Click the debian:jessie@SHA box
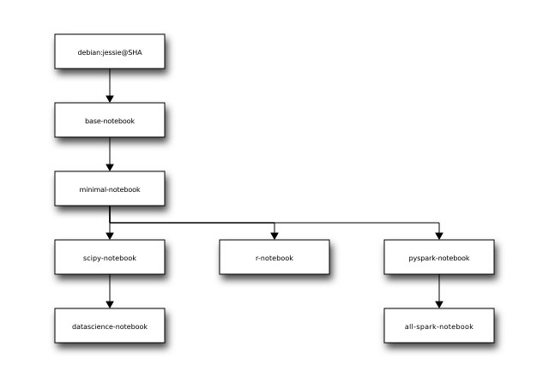click(110, 51)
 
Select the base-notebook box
click(110, 120)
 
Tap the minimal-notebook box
click(110, 188)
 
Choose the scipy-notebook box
click(110, 257)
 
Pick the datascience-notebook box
click(110, 326)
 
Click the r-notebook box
click(274, 257)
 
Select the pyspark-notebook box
click(439, 257)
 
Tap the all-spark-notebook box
click(439, 326)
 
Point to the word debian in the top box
click(88, 52)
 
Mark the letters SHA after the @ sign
click(135, 52)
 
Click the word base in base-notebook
click(93, 121)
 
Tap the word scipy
click(93, 258)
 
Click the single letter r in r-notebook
click(257, 258)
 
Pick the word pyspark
click(422, 258)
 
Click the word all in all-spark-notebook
click(409, 326)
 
